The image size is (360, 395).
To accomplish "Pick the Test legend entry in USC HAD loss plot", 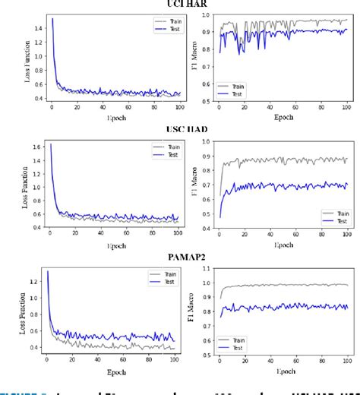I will tap(161, 154).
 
